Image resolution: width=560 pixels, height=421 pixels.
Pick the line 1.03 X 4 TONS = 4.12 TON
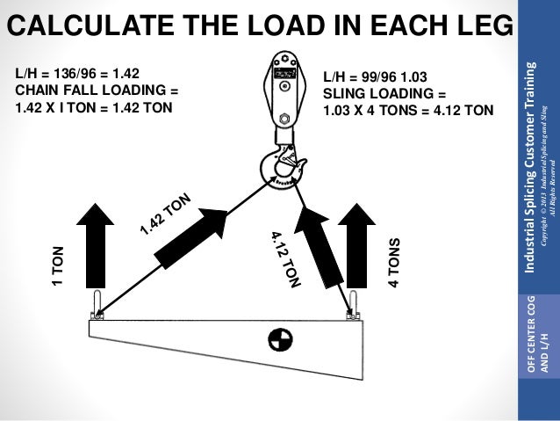click(408, 111)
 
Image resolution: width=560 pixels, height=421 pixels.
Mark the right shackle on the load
click(352, 306)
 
